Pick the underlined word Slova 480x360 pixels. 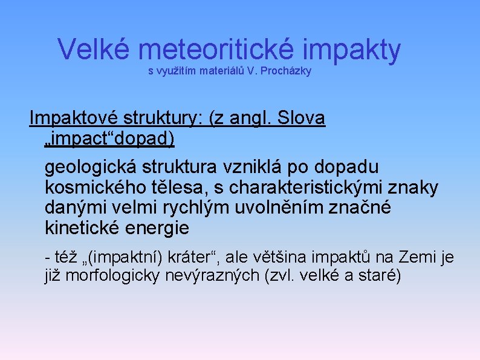[x=300, y=119]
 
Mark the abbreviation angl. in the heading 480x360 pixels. [x=249, y=119]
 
